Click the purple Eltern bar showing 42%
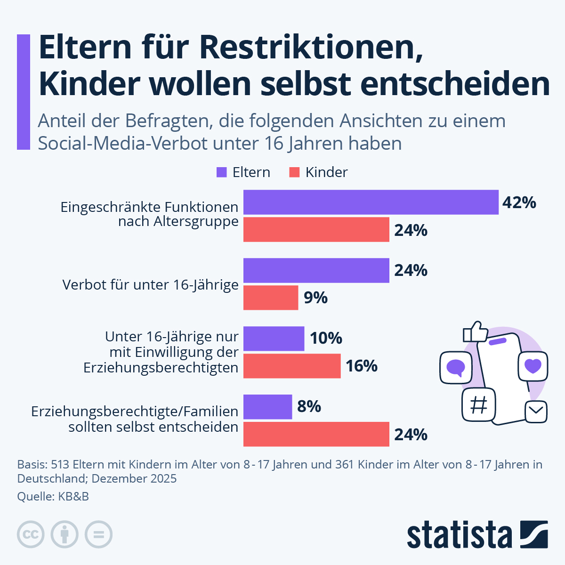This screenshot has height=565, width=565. (371, 202)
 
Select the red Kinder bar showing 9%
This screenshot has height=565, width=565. (271, 298)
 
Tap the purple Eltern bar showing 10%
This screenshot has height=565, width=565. (274, 339)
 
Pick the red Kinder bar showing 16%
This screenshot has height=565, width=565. (292, 366)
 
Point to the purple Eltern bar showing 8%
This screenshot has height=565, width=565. (267, 407)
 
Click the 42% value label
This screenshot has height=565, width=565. (519, 202)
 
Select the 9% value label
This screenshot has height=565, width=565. (315, 298)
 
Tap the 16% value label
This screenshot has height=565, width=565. (362, 366)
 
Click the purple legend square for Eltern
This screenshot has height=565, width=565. (221, 172)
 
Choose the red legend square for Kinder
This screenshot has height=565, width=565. (294, 172)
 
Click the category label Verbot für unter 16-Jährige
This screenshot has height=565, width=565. (150, 285)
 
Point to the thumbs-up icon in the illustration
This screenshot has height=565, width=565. (476, 331)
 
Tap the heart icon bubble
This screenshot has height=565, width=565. (533, 366)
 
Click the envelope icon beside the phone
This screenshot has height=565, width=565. (536, 412)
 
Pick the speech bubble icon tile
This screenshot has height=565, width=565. (455, 367)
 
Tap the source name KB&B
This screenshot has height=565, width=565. (73, 496)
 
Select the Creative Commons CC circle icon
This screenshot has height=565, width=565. (31, 534)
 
